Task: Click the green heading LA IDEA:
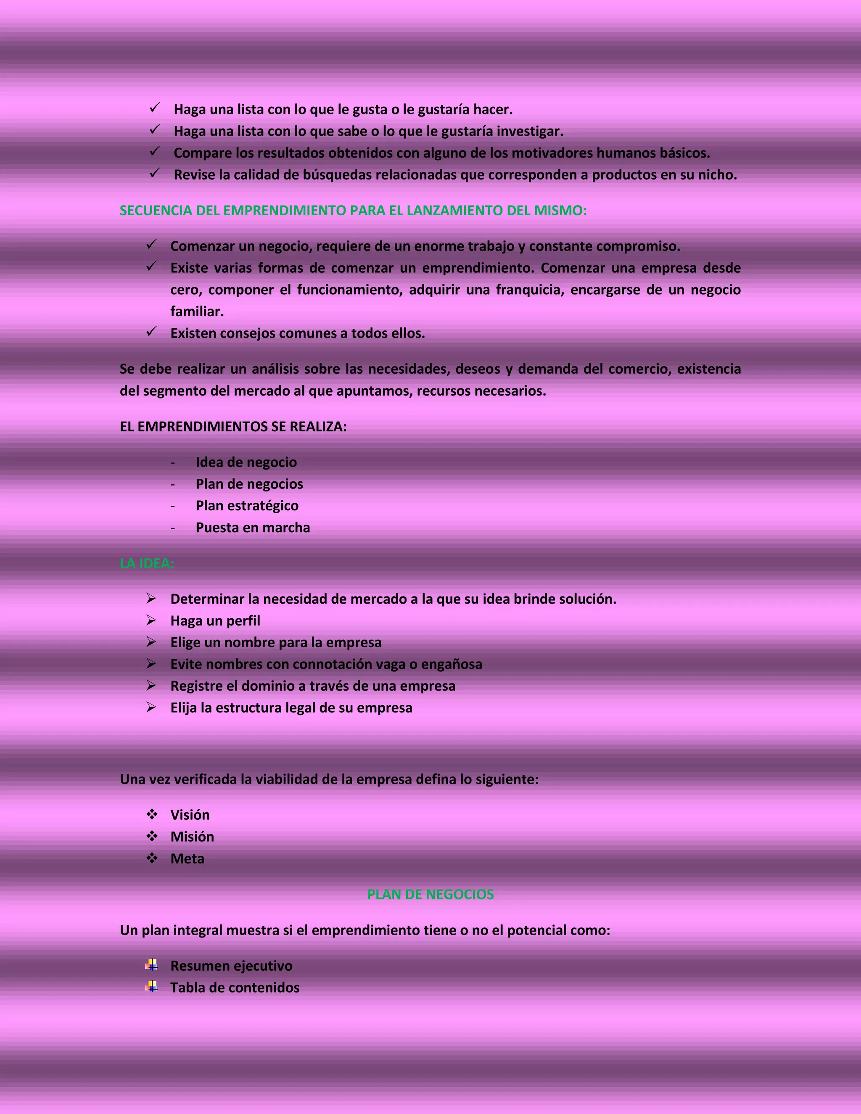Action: [147, 563]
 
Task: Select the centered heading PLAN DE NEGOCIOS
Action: [430, 894]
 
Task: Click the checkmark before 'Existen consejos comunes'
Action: [151, 332]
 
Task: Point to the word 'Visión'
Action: [190, 815]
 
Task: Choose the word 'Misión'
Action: [192, 837]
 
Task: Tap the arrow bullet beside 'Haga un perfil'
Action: [151, 620]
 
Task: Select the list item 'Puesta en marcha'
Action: [253, 528]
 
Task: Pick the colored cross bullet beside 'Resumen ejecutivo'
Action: [151, 965]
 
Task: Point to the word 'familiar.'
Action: [197, 311]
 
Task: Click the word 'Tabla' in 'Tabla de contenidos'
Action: [187, 987]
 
